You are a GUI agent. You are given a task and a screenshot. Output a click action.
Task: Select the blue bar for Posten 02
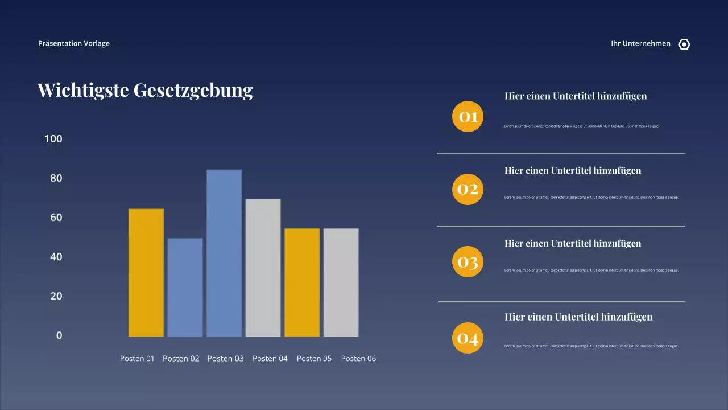tap(185, 287)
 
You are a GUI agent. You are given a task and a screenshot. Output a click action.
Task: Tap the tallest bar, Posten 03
tap(224, 253)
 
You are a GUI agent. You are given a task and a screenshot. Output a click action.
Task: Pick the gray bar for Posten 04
tap(263, 268)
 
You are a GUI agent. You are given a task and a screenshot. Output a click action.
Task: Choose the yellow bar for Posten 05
tap(302, 282)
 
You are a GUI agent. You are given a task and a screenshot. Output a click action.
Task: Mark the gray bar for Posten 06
tap(341, 282)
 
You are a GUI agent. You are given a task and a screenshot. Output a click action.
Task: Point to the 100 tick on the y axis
tap(53, 139)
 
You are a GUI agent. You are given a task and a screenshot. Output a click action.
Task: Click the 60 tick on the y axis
tap(56, 218)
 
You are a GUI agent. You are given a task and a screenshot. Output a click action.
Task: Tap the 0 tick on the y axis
tap(59, 335)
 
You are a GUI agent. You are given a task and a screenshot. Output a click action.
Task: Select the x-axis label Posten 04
tap(270, 359)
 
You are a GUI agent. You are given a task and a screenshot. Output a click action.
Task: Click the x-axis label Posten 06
tap(358, 359)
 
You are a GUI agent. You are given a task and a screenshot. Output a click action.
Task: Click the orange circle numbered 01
tap(468, 117)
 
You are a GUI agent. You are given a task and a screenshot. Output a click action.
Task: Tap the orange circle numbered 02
tap(468, 189)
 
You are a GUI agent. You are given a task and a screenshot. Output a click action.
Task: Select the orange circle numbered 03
tap(468, 262)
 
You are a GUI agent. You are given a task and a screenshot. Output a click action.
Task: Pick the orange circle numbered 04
tap(468, 338)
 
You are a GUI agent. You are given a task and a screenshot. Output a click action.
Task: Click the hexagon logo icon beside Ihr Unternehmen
tap(684, 44)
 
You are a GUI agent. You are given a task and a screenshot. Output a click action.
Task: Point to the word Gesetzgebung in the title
tap(193, 90)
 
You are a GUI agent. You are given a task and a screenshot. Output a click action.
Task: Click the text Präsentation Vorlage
tap(74, 43)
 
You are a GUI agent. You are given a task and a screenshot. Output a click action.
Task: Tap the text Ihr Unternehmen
tap(640, 43)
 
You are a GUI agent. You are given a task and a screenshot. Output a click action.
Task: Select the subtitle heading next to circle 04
tap(578, 317)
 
